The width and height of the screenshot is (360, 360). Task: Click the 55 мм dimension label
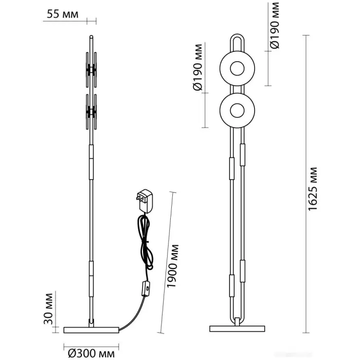(x=63, y=14)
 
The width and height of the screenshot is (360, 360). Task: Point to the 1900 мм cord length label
(x=173, y=268)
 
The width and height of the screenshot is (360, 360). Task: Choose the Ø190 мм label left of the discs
(x=198, y=75)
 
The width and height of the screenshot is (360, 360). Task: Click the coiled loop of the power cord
(x=145, y=242)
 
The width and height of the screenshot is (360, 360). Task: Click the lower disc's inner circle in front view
(x=237, y=110)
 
